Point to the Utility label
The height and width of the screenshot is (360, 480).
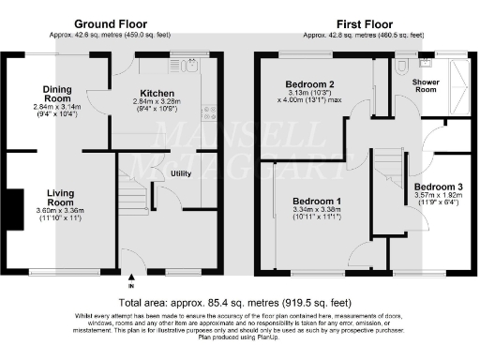coord(182,173)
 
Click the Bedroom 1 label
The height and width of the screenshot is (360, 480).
coord(316,202)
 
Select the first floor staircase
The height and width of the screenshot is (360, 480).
coord(391,169)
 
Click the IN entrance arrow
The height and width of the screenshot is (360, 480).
coord(131,280)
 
